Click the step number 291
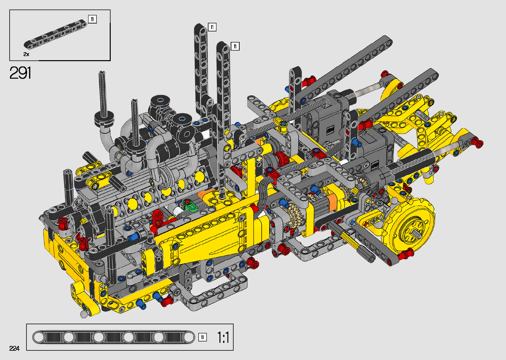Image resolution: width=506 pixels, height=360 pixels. pyautogui.click(x=20, y=73)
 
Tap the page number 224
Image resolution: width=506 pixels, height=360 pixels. pyautogui.click(x=14, y=348)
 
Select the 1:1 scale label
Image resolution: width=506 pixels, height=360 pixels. pyautogui.click(x=223, y=338)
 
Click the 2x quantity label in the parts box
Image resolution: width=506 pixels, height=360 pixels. pyautogui.click(x=26, y=54)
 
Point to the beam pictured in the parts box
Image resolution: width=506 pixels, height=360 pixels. pyautogui.click(x=55, y=34)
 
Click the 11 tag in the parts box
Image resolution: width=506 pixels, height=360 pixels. pyautogui.click(x=92, y=19)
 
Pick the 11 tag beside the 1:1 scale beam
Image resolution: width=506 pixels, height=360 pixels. pyautogui.click(x=202, y=338)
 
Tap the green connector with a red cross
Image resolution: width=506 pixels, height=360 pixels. pyautogui.click(x=189, y=205)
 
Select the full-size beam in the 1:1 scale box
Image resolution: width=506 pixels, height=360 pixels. pyautogui.click(x=113, y=338)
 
